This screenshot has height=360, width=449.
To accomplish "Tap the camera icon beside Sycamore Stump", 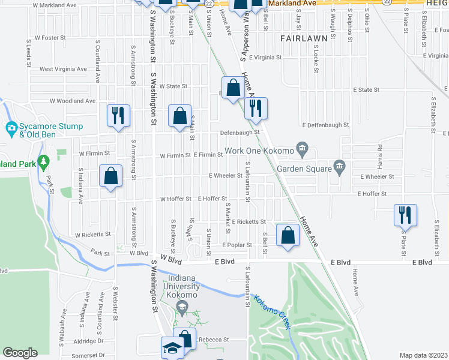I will coord(11,128).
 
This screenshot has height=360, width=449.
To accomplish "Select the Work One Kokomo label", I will coord(260,150).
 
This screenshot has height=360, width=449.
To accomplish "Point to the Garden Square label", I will coord(304,169).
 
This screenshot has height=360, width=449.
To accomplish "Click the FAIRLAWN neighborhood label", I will coord(304,38).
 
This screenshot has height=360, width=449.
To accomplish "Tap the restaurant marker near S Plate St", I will coord(405,214).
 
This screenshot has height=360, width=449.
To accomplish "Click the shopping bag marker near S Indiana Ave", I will coord(110,176).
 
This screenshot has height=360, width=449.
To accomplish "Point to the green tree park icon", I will coord(43,162).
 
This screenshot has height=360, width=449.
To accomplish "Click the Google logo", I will coord(20,353).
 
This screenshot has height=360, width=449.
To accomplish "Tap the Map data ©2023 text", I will coord(423,355).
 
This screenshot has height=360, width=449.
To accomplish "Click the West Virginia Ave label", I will coord(63,69).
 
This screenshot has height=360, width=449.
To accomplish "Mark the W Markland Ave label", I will coord(56,5).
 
